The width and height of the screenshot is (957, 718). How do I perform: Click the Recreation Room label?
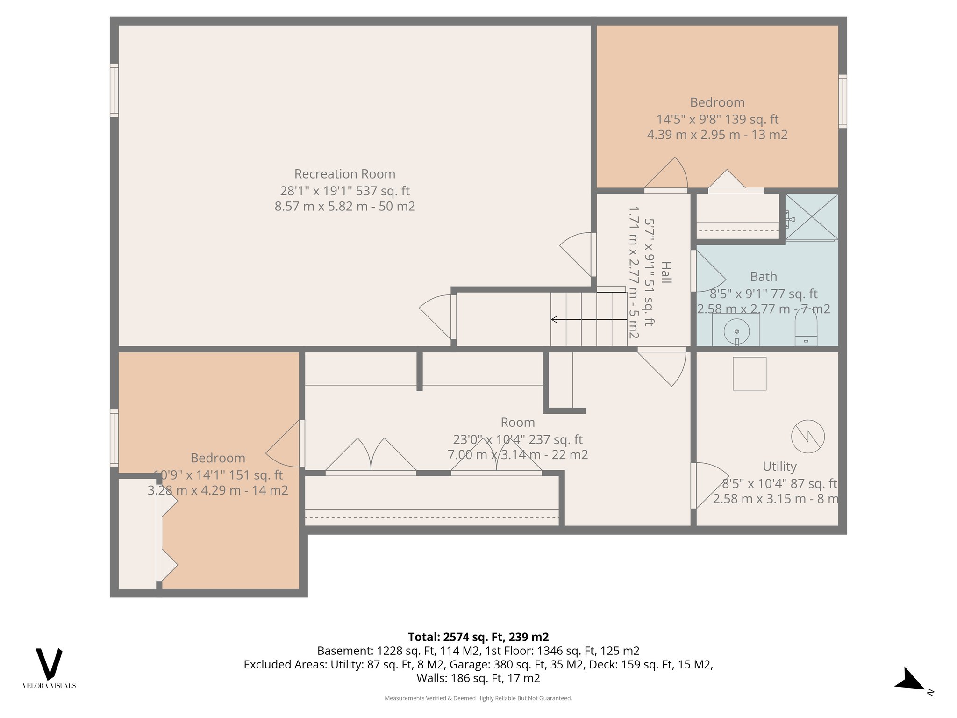click(x=345, y=174)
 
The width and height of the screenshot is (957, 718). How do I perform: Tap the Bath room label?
click(x=764, y=277)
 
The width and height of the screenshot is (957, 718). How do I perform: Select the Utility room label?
click(x=779, y=467)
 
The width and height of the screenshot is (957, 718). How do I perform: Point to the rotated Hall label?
click(x=666, y=273)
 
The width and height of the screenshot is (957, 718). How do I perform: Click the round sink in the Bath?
click(x=736, y=331)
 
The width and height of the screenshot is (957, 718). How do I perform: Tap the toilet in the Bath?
click(x=806, y=327)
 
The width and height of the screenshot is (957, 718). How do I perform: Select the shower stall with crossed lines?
click(x=812, y=217)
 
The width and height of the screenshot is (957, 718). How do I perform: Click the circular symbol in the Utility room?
click(x=807, y=437)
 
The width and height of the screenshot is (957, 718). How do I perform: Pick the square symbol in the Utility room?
click(x=750, y=373)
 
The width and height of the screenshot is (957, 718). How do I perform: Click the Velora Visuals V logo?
click(x=49, y=664)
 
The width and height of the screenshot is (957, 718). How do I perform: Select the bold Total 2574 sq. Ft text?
click(x=478, y=637)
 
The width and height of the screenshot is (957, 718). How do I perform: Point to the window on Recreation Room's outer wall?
click(x=114, y=90)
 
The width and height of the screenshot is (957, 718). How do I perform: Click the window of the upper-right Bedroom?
click(x=842, y=101)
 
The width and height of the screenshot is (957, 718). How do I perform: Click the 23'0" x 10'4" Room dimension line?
click(x=517, y=439)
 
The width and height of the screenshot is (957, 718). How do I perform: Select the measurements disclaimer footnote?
click(x=478, y=698)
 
